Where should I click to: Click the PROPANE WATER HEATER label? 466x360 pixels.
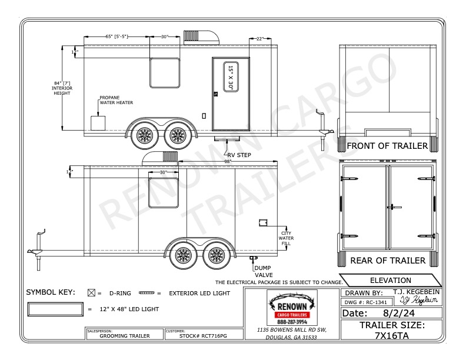[115, 100]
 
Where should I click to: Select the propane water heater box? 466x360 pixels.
[98, 123]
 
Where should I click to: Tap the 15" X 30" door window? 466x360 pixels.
[231, 77]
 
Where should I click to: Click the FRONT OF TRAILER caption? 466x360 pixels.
[387, 146]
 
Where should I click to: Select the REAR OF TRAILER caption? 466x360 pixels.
[388, 261]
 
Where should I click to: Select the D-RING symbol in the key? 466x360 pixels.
[91, 292]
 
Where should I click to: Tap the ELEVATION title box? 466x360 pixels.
[391, 281]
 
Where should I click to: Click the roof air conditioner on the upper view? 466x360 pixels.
[201, 36]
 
